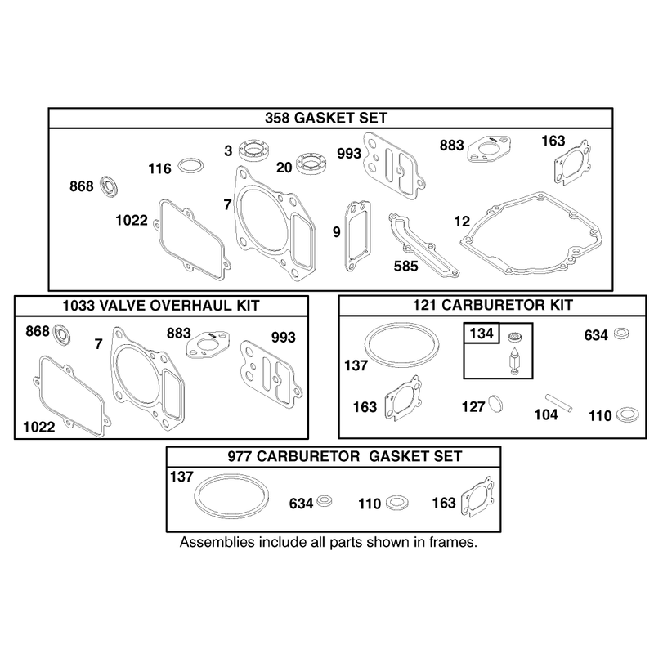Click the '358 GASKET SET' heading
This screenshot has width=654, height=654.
(x=326, y=118)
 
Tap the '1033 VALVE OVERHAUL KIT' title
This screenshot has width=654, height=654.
(x=161, y=306)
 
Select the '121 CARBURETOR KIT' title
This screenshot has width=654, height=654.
(x=493, y=305)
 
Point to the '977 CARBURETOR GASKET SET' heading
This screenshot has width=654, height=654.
(x=344, y=456)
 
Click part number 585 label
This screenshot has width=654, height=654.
(x=405, y=267)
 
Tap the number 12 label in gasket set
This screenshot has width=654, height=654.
(x=462, y=222)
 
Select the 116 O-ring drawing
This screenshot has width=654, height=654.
(x=191, y=166)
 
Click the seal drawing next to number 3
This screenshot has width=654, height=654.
(x=254, y=150)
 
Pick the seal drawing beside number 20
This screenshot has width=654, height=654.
(x=311, y=164)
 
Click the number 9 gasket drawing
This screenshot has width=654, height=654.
(x=357, y=236)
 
